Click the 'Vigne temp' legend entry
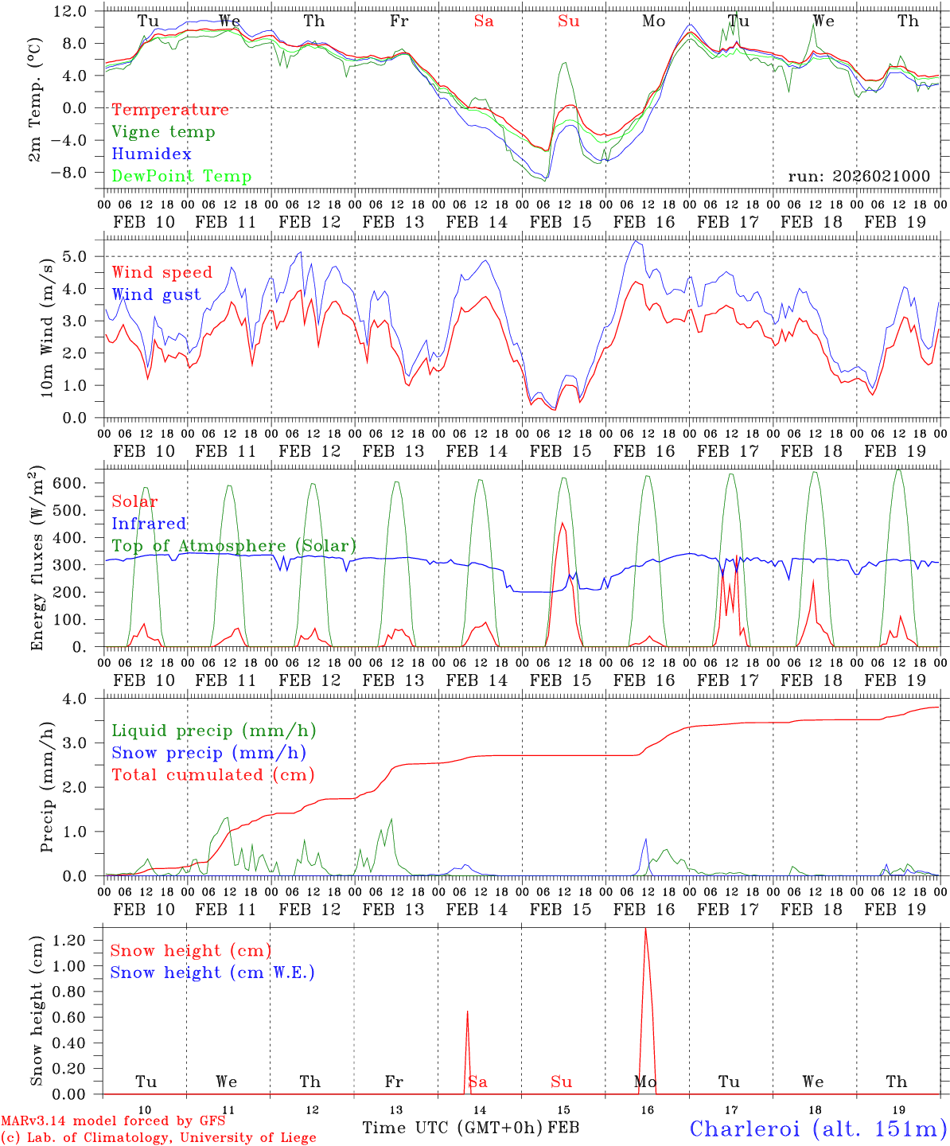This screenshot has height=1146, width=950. [163, 132]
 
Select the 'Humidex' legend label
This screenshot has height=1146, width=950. [151, 154]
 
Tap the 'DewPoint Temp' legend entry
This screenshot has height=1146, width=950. [181, 177]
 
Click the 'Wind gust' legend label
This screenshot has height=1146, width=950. [156, 294]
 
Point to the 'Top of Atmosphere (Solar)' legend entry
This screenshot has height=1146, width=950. [234, 546]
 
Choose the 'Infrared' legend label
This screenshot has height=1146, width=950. [149, 524]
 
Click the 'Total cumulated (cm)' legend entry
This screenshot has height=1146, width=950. [212, 774]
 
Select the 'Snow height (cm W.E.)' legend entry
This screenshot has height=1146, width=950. [212, 973]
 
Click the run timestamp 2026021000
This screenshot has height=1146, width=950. [859, 176]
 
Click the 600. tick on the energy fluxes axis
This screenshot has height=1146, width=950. [76, 483]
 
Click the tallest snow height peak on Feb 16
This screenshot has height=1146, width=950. [645, 929]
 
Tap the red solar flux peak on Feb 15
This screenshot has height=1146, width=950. [563, 523]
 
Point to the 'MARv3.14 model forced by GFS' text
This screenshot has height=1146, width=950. [113, 1121]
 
